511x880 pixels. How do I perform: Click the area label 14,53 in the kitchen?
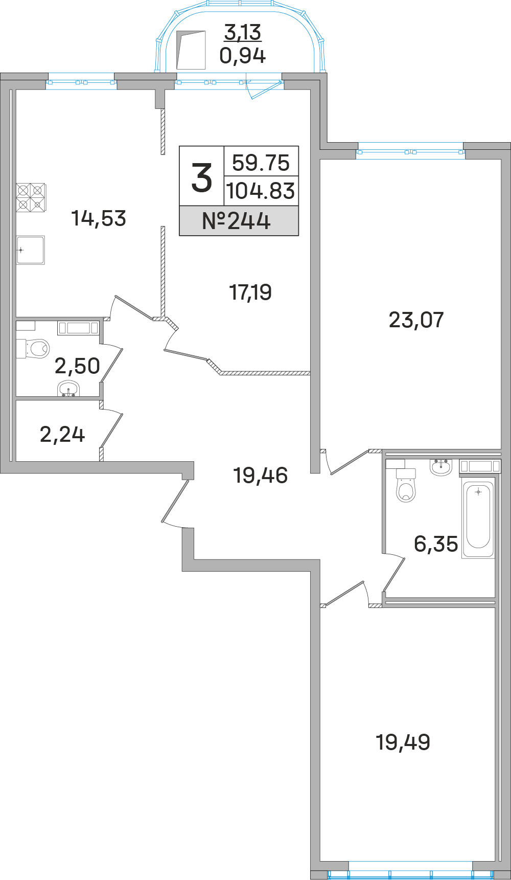[99, 218]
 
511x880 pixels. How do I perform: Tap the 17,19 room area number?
[250, 292]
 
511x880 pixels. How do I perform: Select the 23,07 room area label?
[416, 320]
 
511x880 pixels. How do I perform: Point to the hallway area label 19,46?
[261, 476]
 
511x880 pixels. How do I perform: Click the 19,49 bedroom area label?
[403, 742]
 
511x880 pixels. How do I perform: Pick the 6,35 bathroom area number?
[436, 544]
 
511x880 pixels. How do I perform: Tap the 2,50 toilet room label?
[77, 366]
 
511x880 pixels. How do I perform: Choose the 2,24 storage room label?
[62, 435]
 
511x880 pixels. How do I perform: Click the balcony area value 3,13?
[243, 32]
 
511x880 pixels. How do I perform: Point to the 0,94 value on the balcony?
[243, 55]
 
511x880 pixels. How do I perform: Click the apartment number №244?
[236, 221]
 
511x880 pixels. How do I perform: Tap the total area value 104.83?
[261, 191]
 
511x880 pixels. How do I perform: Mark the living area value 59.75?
[261, 163]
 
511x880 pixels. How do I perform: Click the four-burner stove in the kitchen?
[31, 197]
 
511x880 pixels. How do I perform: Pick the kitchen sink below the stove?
[31, 250]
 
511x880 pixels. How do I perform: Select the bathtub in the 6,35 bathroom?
[478, 517]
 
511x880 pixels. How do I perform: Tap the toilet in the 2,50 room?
[33, 349]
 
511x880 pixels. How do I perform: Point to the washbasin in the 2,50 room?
[68, 389]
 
